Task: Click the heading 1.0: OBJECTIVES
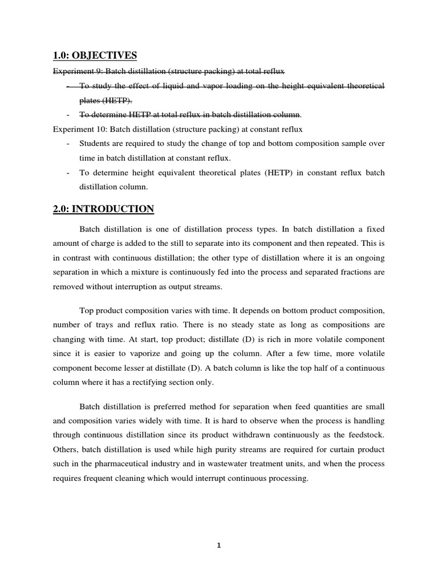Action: click(x=95, y=55)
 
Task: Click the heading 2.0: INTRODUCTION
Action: click(x=103, y=209)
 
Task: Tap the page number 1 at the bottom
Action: click(x=218, y=545)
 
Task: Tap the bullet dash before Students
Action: click(x=68, y=144)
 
